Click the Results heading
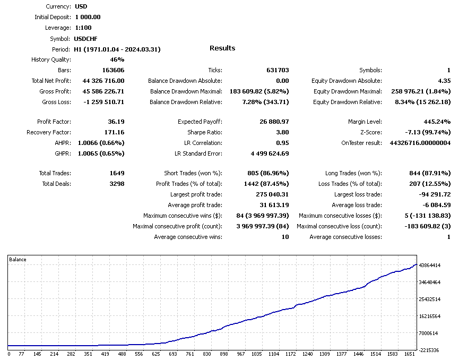(222, 48)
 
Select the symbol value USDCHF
(86, 39)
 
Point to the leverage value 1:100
(83, 28)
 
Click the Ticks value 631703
(278, 70)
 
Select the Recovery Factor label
(49, 132)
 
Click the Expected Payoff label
(200, 122)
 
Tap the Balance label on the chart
(18, 260)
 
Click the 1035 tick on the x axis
(257, 354)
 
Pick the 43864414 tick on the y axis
(430, 265)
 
